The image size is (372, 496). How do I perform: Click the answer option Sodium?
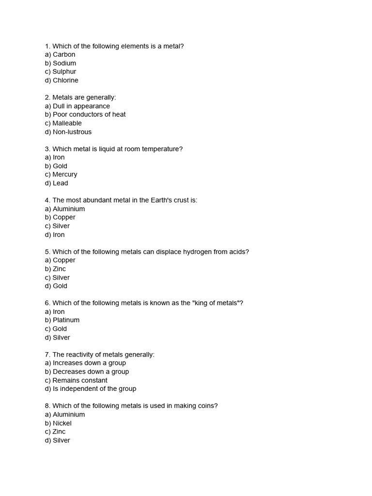[61, 63]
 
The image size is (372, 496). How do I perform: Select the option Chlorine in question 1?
[62, 80]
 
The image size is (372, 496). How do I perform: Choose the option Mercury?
[61, 174]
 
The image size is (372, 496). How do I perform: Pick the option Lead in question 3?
[57, 183]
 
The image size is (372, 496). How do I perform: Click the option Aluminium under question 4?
[65, 209]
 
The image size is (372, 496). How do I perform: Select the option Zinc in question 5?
[55, 269]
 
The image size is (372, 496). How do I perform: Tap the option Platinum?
[62, 320]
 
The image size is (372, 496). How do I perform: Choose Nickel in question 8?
[58, 423]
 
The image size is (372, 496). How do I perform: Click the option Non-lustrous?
[68, 132]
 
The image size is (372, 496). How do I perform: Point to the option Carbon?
[60, 55]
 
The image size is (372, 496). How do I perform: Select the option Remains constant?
[76, 380]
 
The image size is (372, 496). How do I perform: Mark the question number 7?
[47, 355]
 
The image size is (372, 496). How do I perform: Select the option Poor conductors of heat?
[85, 114]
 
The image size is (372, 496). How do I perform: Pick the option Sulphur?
[61, 72]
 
